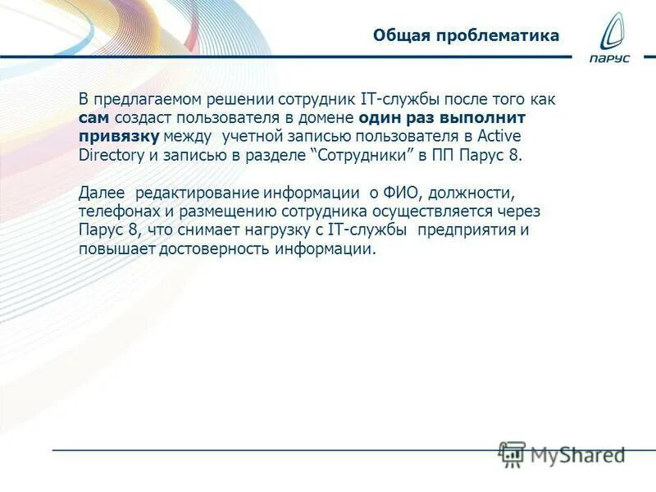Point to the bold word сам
(x=93, y=117)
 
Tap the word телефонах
(x=115, y=212)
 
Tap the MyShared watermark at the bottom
(x=563, y=453)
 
